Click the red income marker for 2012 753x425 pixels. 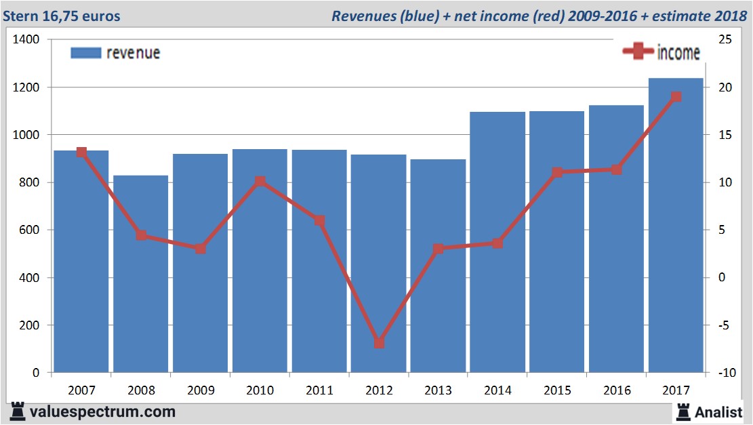pos(379,343)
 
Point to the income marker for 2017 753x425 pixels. pos(676,97)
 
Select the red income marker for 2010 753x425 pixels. pos(260,182)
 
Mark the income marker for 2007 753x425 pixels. pos(81,153)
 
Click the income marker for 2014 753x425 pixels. pos(497,243)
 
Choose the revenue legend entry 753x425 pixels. pos(116,53)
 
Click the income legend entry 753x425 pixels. pos(662,52)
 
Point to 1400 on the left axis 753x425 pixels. pos(26,40)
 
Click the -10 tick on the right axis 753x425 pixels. pos(724,372)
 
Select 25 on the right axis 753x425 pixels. pos(724,40)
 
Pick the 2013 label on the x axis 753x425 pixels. pos(438,390)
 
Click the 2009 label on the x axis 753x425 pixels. pos(200,390)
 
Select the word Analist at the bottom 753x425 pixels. pos(718,411)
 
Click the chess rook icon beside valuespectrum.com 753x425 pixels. pos(18,411)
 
